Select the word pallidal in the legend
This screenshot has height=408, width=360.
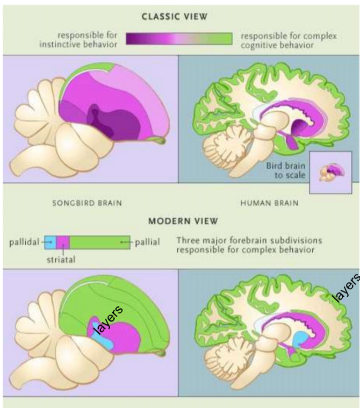(24, 242)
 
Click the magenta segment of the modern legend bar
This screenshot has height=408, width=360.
(63, 242)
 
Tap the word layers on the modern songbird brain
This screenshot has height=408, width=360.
(108, 321)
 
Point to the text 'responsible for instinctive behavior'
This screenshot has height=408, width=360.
(78, 39)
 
